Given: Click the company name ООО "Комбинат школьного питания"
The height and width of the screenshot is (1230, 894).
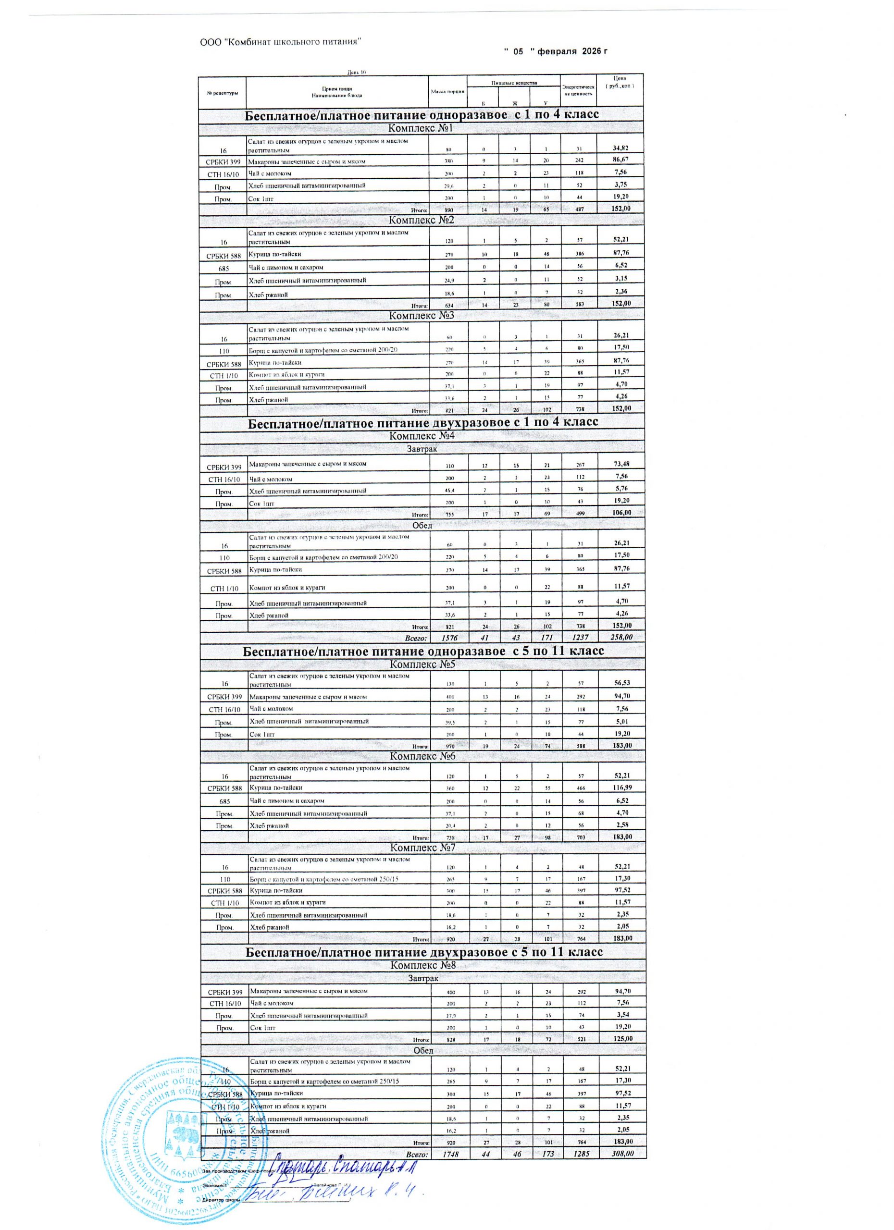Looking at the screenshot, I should pyautogui.click(x=281, y=42).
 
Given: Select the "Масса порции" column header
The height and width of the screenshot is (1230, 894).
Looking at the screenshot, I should pyautogui.click(x=447, y=92).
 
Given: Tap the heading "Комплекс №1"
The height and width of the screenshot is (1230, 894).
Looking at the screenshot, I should pyautogui.click(x=421, y=129).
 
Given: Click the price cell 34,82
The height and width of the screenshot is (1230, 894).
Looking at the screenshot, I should pyautogui.click(x=619, y=148).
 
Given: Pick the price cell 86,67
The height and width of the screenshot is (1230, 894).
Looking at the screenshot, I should pyautogui.click(x=619, y=160).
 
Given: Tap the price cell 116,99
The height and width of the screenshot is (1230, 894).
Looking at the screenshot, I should pyautogui.click(x=619, y=787).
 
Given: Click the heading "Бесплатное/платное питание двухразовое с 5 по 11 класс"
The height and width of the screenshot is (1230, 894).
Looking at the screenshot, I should pyautogui.click(x=423, y=952).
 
